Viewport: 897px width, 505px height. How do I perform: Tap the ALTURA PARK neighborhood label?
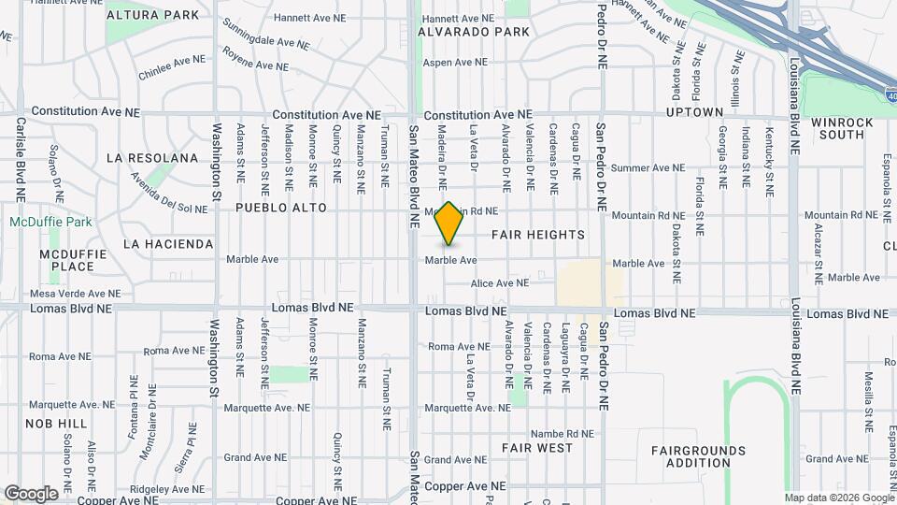pyautogui.click(x=153, y=15)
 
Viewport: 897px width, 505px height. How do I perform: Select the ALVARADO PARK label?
pyautogui.click(x=474, y=32)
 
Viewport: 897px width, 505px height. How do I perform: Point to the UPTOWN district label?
pyautogui.click(x=694, y=112)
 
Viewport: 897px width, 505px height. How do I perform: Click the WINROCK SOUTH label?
pyautogui.click(x=837, y=128)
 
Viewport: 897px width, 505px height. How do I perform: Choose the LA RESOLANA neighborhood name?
pyautogui.click(x=152, y=158)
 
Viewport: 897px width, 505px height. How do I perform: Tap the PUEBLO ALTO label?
pyautogui.click(x=281, y=208)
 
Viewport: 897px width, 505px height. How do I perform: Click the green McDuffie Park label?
pyautogui.click(x=50, y=223)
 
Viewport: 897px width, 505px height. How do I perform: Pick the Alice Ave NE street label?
pyautogui.click(x=500, y=283)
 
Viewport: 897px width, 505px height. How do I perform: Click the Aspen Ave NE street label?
pyautogui.click(x=456, y=63)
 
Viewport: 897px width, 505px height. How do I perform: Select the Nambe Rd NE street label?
pyautogui.click(x=562, y=433)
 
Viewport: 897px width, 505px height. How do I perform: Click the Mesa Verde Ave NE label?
pyautogui.click(x=72, y=293)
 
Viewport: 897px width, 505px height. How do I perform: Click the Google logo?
pyautogui.click(x=31, y=493)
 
